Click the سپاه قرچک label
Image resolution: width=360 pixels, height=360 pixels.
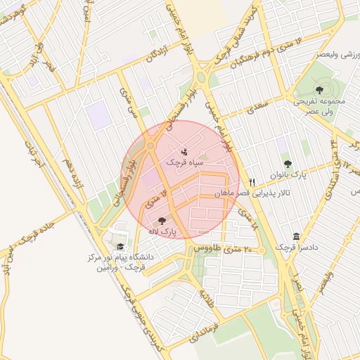click(x=184, y=162)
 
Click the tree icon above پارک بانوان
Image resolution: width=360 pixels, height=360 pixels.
click(x=287, y=163)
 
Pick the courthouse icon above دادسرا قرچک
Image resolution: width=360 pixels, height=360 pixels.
click(x=295, y=237)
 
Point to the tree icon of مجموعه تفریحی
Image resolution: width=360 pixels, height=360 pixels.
click(x=319, y=89)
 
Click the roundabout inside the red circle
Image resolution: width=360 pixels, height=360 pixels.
click(x=151, y=146)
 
